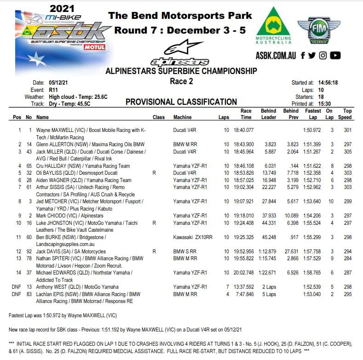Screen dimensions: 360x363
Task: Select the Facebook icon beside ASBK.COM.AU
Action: [x=303, y=55]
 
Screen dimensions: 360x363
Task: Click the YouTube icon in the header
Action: [x=335, y=55]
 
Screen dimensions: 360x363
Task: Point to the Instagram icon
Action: [x=323, y=55]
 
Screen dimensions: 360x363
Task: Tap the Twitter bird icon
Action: [x=312, y=55]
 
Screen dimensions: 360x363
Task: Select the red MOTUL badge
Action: [x=95, y=47]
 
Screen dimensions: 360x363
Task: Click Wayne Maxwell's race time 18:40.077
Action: [x=243, y=130]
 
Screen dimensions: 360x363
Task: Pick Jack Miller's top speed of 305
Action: [x=347, y=151]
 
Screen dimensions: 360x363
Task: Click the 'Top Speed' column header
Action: [x=347, y=114]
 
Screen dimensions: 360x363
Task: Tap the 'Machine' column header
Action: [x=182, y=117]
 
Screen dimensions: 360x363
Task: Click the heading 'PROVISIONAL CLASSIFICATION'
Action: [x=181, y=102]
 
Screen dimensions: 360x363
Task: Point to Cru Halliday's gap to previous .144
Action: [x=293, y=166]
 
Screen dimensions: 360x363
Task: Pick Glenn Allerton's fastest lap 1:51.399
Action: [x=311, y=144]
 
